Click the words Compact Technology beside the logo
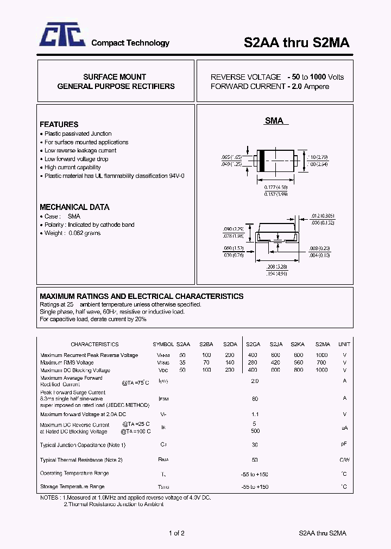130,43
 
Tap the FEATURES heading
59,124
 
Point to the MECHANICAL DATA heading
74,207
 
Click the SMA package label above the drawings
274,121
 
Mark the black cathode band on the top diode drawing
261,161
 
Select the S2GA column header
253,344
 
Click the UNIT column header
344,344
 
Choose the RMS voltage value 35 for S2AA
182,362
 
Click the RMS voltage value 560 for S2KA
298,362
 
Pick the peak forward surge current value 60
255,399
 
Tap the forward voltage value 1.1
255,414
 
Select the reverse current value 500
255,431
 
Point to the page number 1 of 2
177,533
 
